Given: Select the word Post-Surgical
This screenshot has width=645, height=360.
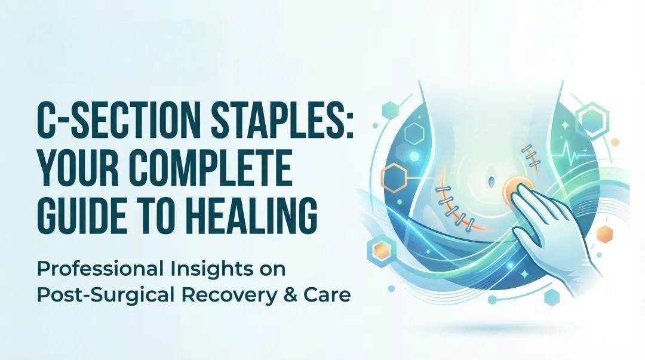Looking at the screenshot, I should (94, 295).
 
